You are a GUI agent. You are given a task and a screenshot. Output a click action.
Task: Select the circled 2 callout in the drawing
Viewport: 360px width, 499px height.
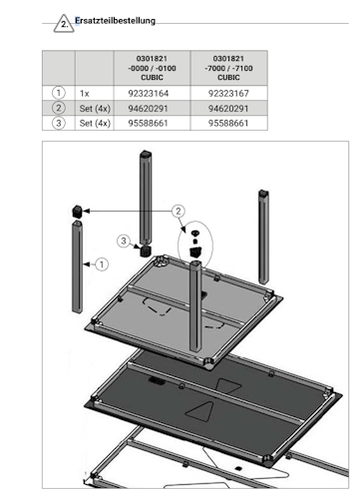point(177,211)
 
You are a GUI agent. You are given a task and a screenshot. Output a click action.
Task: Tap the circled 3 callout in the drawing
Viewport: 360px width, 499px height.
point(125,242)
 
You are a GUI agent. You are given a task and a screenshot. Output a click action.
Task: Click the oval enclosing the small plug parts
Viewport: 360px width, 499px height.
point(195,241)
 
